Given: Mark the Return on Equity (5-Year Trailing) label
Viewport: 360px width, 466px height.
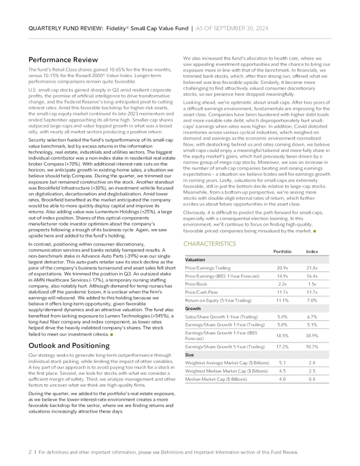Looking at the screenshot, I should [x=217, y=302].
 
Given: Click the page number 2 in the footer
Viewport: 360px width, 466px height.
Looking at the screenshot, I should [x=29, y=452].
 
